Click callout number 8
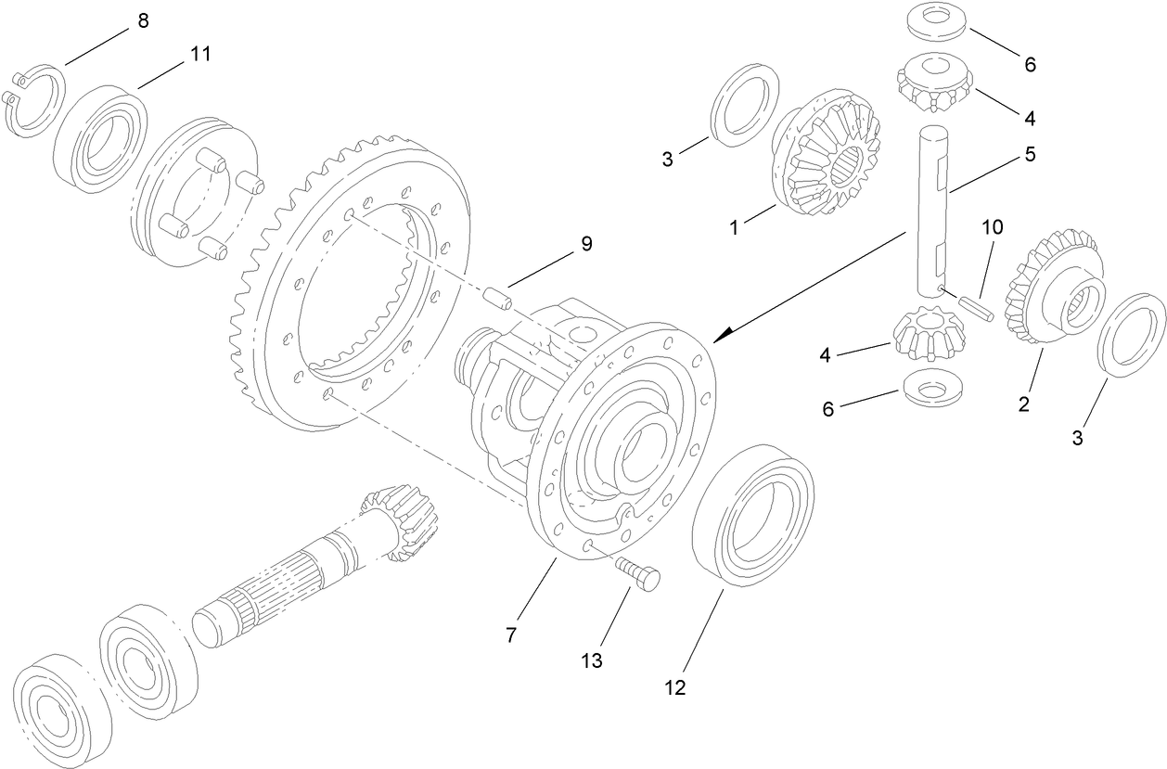click(x=143, y=20)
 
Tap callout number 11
click(x=200, y=54)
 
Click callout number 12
click(x=674, y=688)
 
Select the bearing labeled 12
click(x=753, y=515)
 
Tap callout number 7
click(x=512, y=636)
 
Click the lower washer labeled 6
click(x=930, y=388)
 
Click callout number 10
click(x=993, y=226)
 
